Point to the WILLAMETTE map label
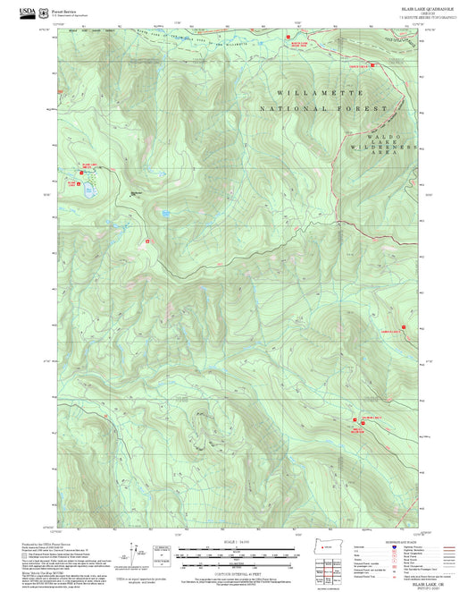[320, 93]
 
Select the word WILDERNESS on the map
[384, 144]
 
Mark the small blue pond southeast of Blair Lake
[166, 213]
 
